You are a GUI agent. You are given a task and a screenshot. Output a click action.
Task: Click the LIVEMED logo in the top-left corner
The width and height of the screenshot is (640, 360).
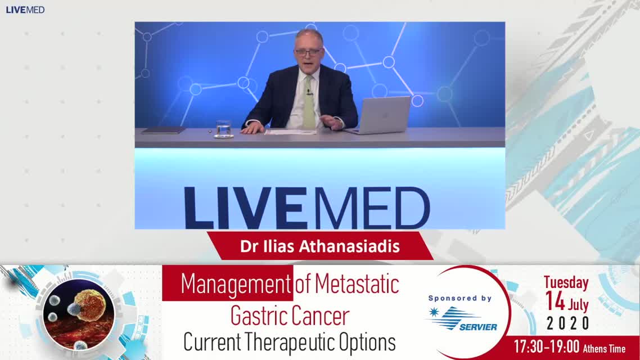(x=25, y=10)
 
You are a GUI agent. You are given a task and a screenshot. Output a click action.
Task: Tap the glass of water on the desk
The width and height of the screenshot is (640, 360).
(x=224, y=129)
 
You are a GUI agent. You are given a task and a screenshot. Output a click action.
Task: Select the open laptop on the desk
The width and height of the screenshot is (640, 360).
(x=380, y=115)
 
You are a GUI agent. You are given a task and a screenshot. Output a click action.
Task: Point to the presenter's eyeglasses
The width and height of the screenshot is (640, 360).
(x=308, y=52)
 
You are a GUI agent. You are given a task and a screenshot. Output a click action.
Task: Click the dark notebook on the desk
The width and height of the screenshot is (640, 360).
(x=163, y=130)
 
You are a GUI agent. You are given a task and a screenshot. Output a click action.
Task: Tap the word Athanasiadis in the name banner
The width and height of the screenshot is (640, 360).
(x=349, y=246)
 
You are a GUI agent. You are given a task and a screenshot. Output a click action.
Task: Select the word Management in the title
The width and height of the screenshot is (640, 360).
(x=236, y=283)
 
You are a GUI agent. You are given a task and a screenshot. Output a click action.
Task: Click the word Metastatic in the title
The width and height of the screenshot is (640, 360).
(x=357, y=283)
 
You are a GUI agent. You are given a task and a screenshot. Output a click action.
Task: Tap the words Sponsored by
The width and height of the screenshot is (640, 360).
(x=460, y=298)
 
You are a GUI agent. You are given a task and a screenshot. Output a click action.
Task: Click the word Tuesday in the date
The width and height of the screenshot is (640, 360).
(x=566, y=282)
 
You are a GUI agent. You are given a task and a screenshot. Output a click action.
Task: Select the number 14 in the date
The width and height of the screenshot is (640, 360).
(x=555, y=301)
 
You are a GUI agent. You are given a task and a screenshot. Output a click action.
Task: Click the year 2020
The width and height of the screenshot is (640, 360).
(x=568, y=323)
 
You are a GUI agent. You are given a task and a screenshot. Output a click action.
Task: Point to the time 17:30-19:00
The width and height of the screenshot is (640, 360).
(x=547, y=347)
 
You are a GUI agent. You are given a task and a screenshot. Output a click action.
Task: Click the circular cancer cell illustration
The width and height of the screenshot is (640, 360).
(x=79, y=314)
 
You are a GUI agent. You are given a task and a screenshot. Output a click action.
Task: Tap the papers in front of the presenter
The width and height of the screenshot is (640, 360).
(x=290, y=132)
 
